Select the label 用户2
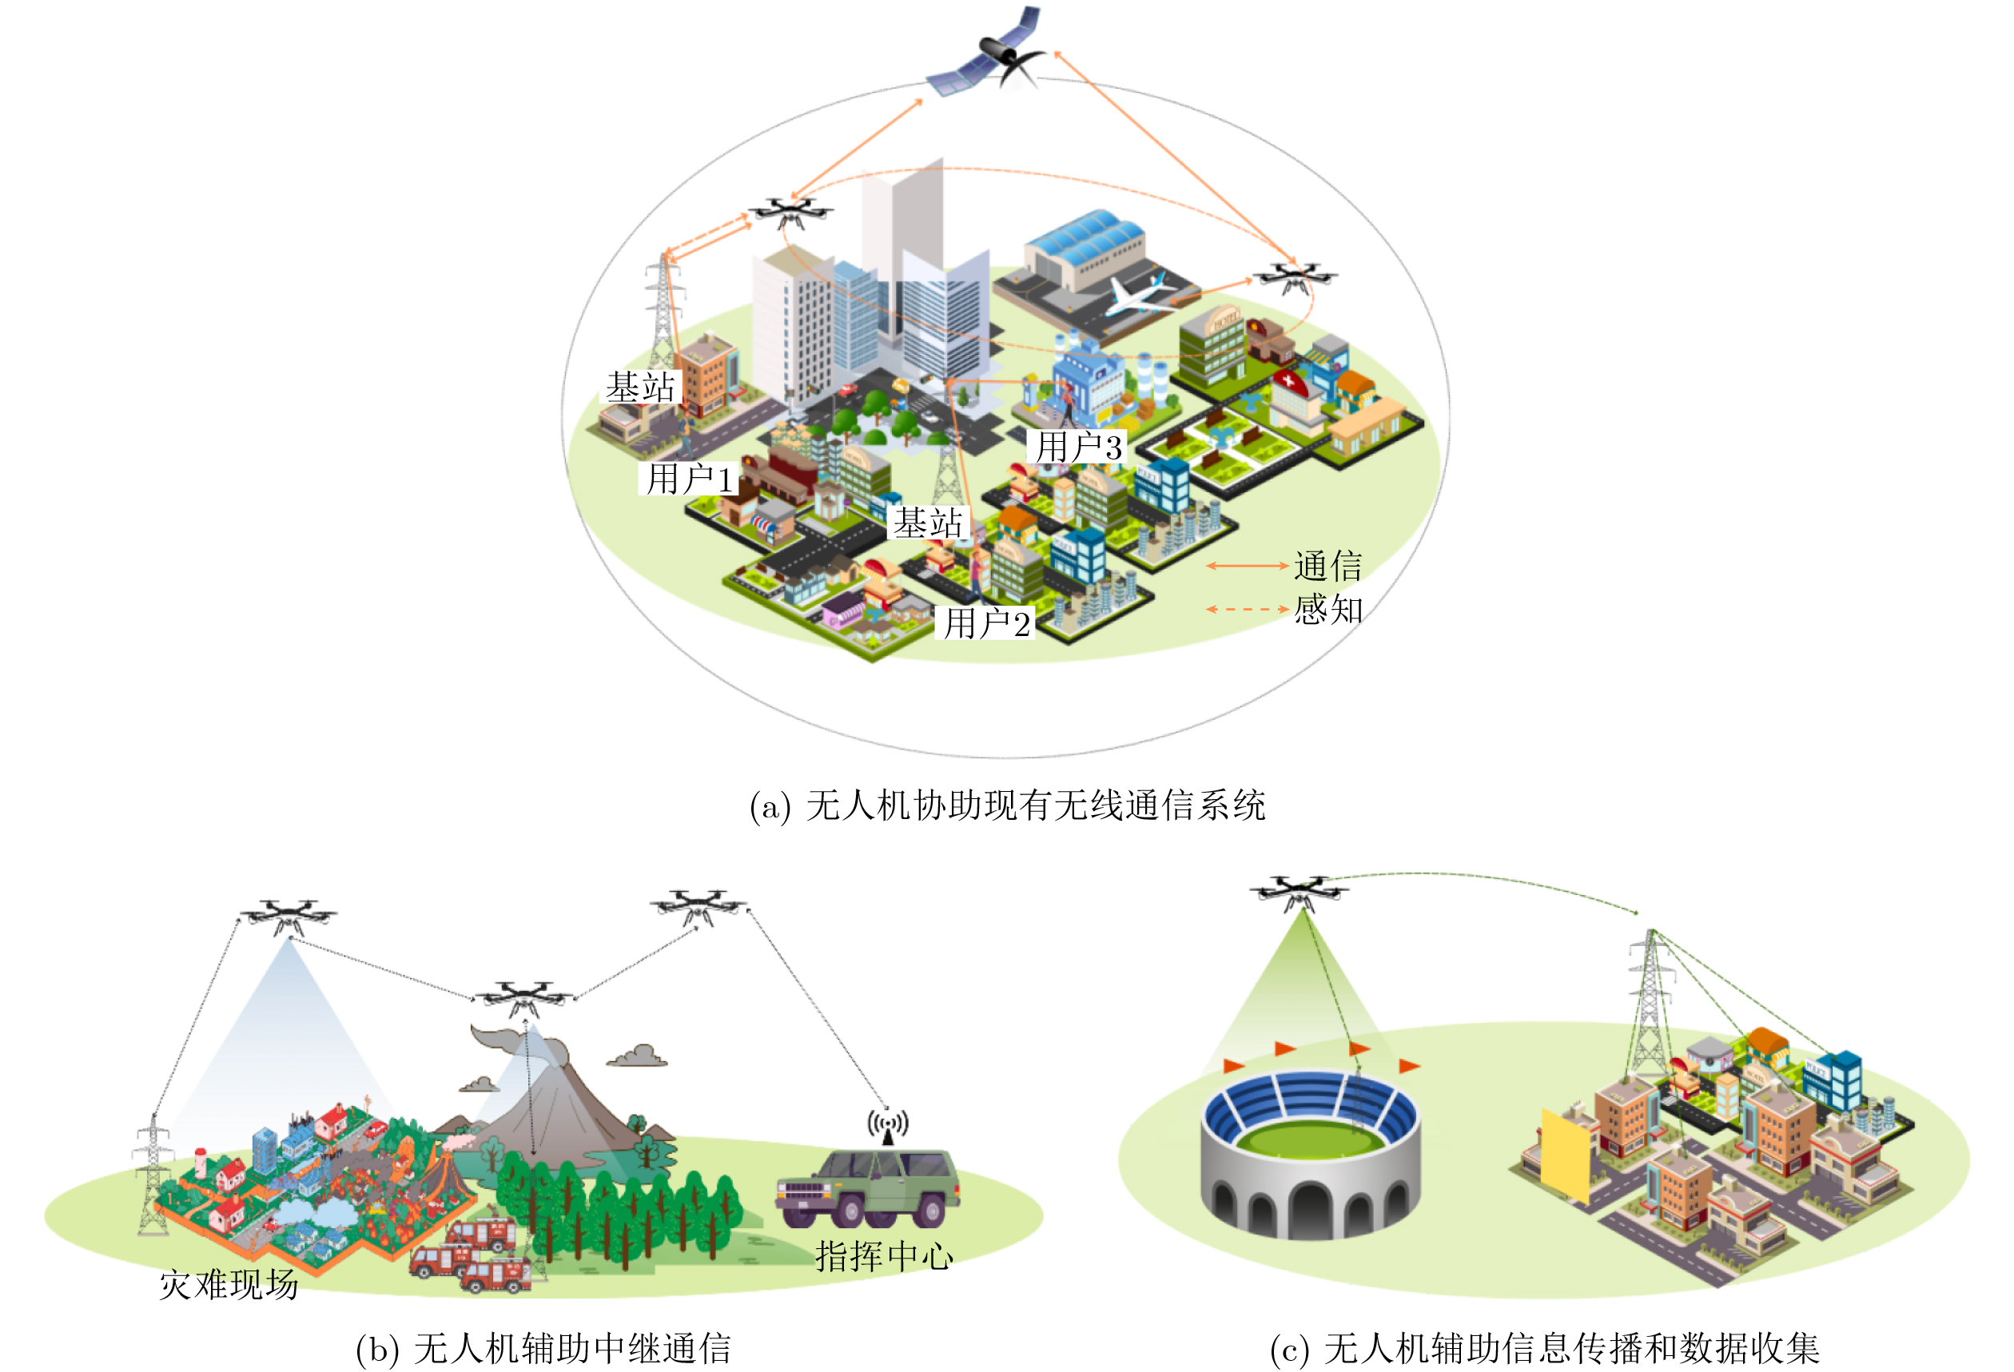coord(987,623)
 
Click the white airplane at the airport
coord(1136,295)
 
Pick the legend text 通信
coord(1327,566)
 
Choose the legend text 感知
coord(1327,610)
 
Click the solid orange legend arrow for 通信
coord(1248,566)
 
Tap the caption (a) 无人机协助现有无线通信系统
coord(1007,806)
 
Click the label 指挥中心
coord(884,1256)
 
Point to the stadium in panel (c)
coord(1311,1153)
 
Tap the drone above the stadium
coord(1297,892)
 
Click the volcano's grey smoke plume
coord(520,1044)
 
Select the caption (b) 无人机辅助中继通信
coord(543,1349)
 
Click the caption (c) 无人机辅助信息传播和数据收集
coord(1544,1349)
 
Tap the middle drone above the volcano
coord(523,999)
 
